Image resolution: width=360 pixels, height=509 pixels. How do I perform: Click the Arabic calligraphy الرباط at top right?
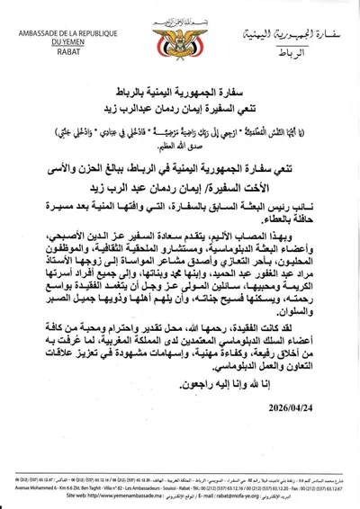(293, 53)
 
